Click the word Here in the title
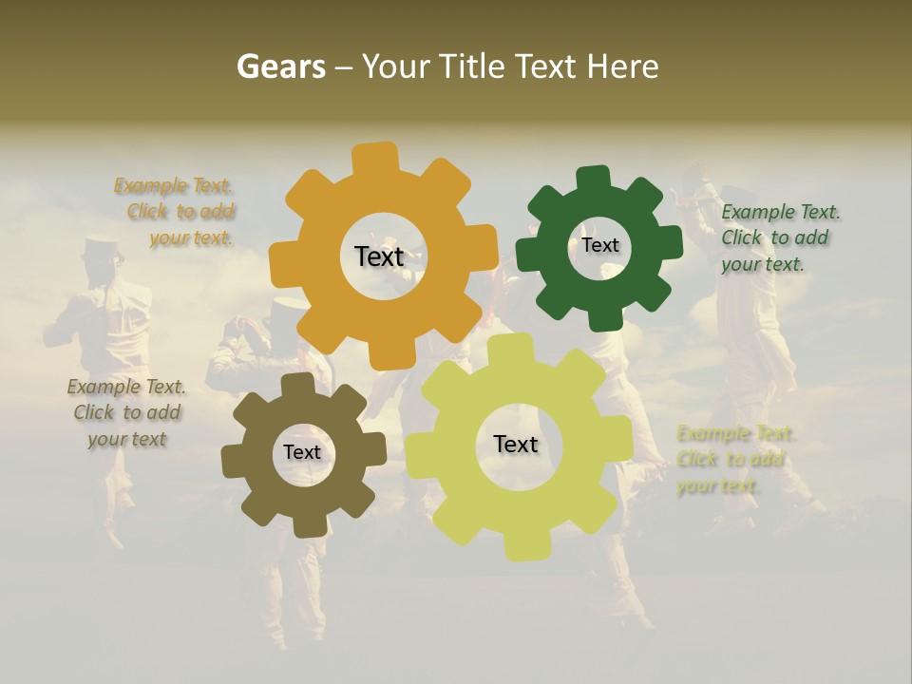621,66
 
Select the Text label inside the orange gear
379,256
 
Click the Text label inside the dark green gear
599,245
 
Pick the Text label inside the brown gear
302,452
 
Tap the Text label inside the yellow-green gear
516,444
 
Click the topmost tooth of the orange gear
376,158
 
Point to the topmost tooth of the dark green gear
593,179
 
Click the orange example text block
176,212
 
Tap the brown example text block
126,412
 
